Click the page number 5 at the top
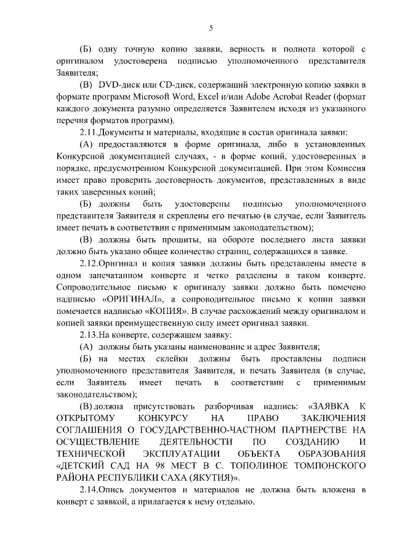tap(211, 28)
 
